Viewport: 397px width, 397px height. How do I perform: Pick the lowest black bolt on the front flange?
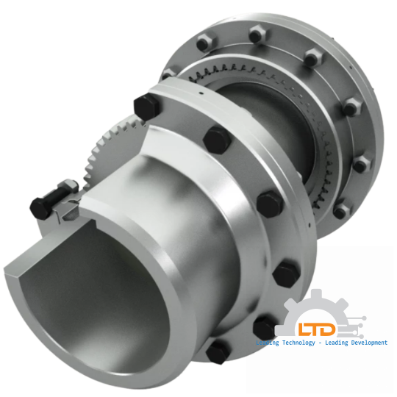click(x=217, y=351)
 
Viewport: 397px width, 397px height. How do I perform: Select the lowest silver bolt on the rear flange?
click(x=340, y=210)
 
